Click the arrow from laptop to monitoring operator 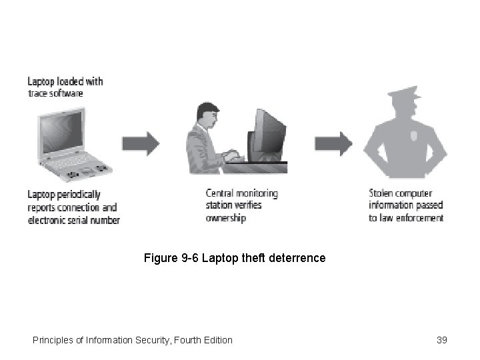coord(141,143)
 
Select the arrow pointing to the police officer coord(333,143)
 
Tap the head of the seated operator coord(205,113)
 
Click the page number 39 coord(441,340)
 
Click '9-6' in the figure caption coord(189,257)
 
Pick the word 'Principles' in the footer coord(53,340)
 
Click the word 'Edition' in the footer coord(216,340)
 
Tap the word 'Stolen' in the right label coord(381,193)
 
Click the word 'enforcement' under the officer coord(421,218)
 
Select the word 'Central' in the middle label coord(221,193)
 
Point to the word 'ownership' coord(226,218)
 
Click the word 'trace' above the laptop coord(37,93)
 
